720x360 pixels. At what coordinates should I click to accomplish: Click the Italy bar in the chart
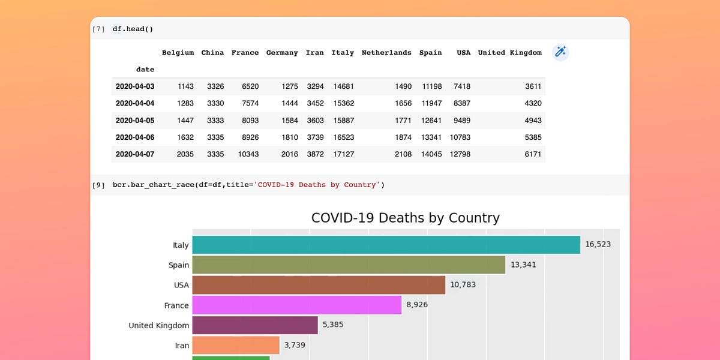click(386, 245)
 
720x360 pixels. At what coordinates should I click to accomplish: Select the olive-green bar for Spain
click(349, 265)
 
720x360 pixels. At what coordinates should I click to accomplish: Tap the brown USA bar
click(319, 285)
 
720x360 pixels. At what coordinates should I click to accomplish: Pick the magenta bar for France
click(296, 305)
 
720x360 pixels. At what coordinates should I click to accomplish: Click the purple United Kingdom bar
click(254, 325)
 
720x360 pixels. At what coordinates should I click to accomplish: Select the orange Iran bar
click(236, 345)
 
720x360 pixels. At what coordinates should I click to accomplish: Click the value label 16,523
click(598, 245)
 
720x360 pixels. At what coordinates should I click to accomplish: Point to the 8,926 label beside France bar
click(417, 305)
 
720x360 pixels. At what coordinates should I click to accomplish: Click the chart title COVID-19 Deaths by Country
click(405, 218)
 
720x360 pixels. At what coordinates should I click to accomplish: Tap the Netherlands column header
click(386, 53)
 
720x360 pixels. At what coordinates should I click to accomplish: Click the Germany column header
click(282, 53)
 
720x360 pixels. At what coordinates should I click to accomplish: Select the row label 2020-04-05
click(135, 120)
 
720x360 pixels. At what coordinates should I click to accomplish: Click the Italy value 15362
click(344, 103)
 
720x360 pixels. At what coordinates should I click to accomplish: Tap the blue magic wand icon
click(560, 52)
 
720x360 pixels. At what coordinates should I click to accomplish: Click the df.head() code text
click(128, 29)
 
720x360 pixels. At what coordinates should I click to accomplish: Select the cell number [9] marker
click(98, 185)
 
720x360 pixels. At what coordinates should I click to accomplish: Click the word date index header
click(145, 70)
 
